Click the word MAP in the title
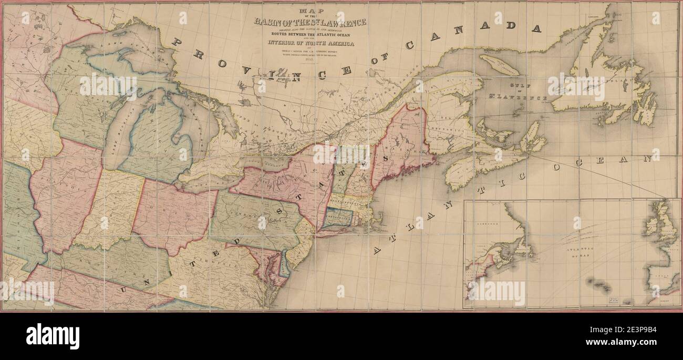tap(310, 11)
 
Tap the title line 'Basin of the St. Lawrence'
tap(310, 22)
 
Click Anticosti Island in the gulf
tap(499, 65)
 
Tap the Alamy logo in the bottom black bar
tap(53, 336)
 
